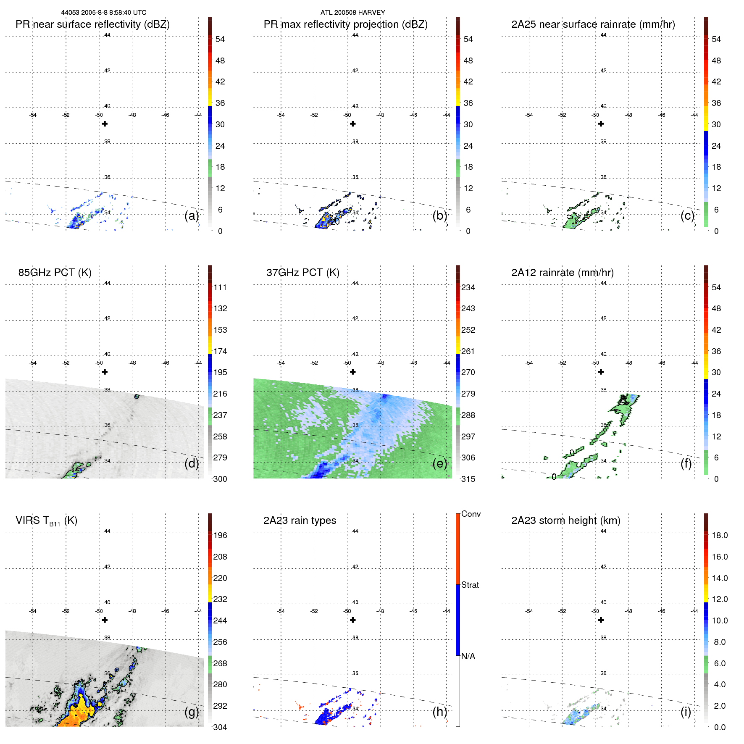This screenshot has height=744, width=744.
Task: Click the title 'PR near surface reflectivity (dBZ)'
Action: pyautogui.click(x=92, y=24)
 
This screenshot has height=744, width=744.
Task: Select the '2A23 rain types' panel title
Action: pyautogui.click(x=300, y=521)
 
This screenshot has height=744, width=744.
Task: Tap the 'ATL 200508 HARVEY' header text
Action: pyautogui.click(x=352, y=13)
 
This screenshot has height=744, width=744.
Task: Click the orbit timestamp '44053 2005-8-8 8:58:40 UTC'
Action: pyautogui.click(x=104, y=13)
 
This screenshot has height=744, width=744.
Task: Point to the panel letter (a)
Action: pyautogui.click(x=192, y=216)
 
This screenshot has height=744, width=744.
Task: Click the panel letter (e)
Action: pyautogui.click(x=439, y=464)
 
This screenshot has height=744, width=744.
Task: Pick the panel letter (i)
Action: pyautogui.click(x=686, y=712)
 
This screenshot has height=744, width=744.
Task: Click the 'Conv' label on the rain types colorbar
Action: pyautogui.click(x=471, y=514)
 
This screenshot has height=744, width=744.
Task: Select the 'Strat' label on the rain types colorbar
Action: pyautogui.click(x=470, y=585)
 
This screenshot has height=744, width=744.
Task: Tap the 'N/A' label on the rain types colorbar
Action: pyautogui.click(x=468, y=656)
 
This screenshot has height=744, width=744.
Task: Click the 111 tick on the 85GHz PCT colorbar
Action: pyautogui.click(x=220, y=287)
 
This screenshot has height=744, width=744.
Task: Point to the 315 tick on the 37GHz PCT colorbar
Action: pyautogui.click(x=468, y=479)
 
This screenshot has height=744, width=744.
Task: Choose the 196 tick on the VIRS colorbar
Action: pyautogui.click(x=220, y=535)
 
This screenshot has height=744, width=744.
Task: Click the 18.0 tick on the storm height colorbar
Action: pyautogui.click(x=719, y=535)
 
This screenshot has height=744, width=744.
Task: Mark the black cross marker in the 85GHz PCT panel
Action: pyautogui.click(x=105, y=372)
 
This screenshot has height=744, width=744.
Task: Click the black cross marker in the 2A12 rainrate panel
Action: pyautogui.click(x=601, y=372)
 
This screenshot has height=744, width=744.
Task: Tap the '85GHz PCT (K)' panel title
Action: pyautogui.click(x=55, y=273)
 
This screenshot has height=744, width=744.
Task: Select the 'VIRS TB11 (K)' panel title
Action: pyautogui.click(x=46, y=521)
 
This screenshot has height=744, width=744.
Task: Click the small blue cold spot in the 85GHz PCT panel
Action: pyautogui.click(x=137, y=396)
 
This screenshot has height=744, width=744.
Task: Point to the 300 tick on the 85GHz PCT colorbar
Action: pyautogui.click(x=220, y=479)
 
